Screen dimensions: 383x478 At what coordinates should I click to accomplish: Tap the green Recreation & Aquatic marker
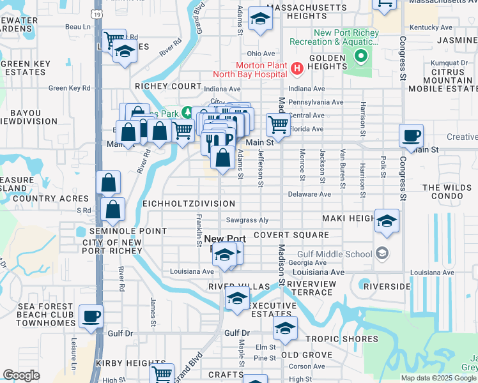point(360,56)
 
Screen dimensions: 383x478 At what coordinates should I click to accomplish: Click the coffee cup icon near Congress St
point(412,135)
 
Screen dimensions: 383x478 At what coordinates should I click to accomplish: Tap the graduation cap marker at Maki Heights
point(387,222)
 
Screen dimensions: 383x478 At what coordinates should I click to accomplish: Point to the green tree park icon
point(187,113)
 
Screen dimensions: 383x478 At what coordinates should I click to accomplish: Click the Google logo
point(22,375)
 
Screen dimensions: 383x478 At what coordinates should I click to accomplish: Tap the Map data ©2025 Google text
point(438,378)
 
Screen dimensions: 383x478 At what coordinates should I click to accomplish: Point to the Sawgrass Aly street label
point(246,220)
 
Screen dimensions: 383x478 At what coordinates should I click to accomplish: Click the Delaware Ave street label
point(309,193)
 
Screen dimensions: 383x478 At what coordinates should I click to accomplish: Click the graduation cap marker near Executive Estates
point(237,299)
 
